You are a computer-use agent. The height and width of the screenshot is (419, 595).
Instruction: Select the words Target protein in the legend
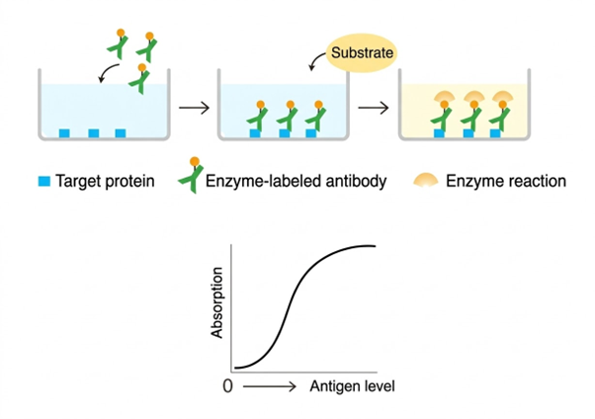105,181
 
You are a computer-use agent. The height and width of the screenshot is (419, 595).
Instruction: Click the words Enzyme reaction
506,181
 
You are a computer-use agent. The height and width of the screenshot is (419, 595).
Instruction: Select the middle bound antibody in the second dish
287,118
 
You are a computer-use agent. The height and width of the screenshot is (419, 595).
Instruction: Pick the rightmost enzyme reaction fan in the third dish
504,98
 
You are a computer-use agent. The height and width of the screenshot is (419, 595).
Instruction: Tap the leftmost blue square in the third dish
436,132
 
